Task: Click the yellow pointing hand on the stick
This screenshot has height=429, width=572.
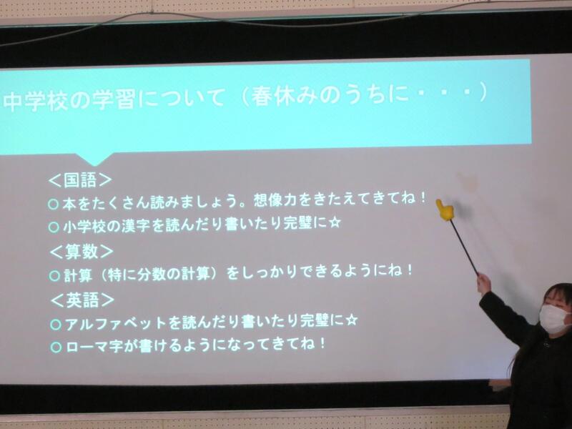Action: pos(445,210)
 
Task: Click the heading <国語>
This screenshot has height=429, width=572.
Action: pos(80,180)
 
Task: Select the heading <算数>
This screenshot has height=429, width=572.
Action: pos(82,252)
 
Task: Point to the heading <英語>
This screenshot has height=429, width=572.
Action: pos(82,300)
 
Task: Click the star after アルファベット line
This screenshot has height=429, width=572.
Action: pos(351,320)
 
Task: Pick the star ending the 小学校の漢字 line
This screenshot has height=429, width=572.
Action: pos(335,222)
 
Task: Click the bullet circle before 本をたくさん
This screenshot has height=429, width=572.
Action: pos(53,204)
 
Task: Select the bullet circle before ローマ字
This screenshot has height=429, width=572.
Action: pos(56,347)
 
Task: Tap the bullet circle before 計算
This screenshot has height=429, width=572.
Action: pos(54,275)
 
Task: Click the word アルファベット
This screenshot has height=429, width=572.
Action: pos(116,323)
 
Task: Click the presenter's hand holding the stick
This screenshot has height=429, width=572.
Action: pos(483,282)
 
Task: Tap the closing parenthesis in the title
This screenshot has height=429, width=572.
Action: pos(483,93)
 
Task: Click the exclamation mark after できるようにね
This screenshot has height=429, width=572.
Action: pos(410,270)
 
